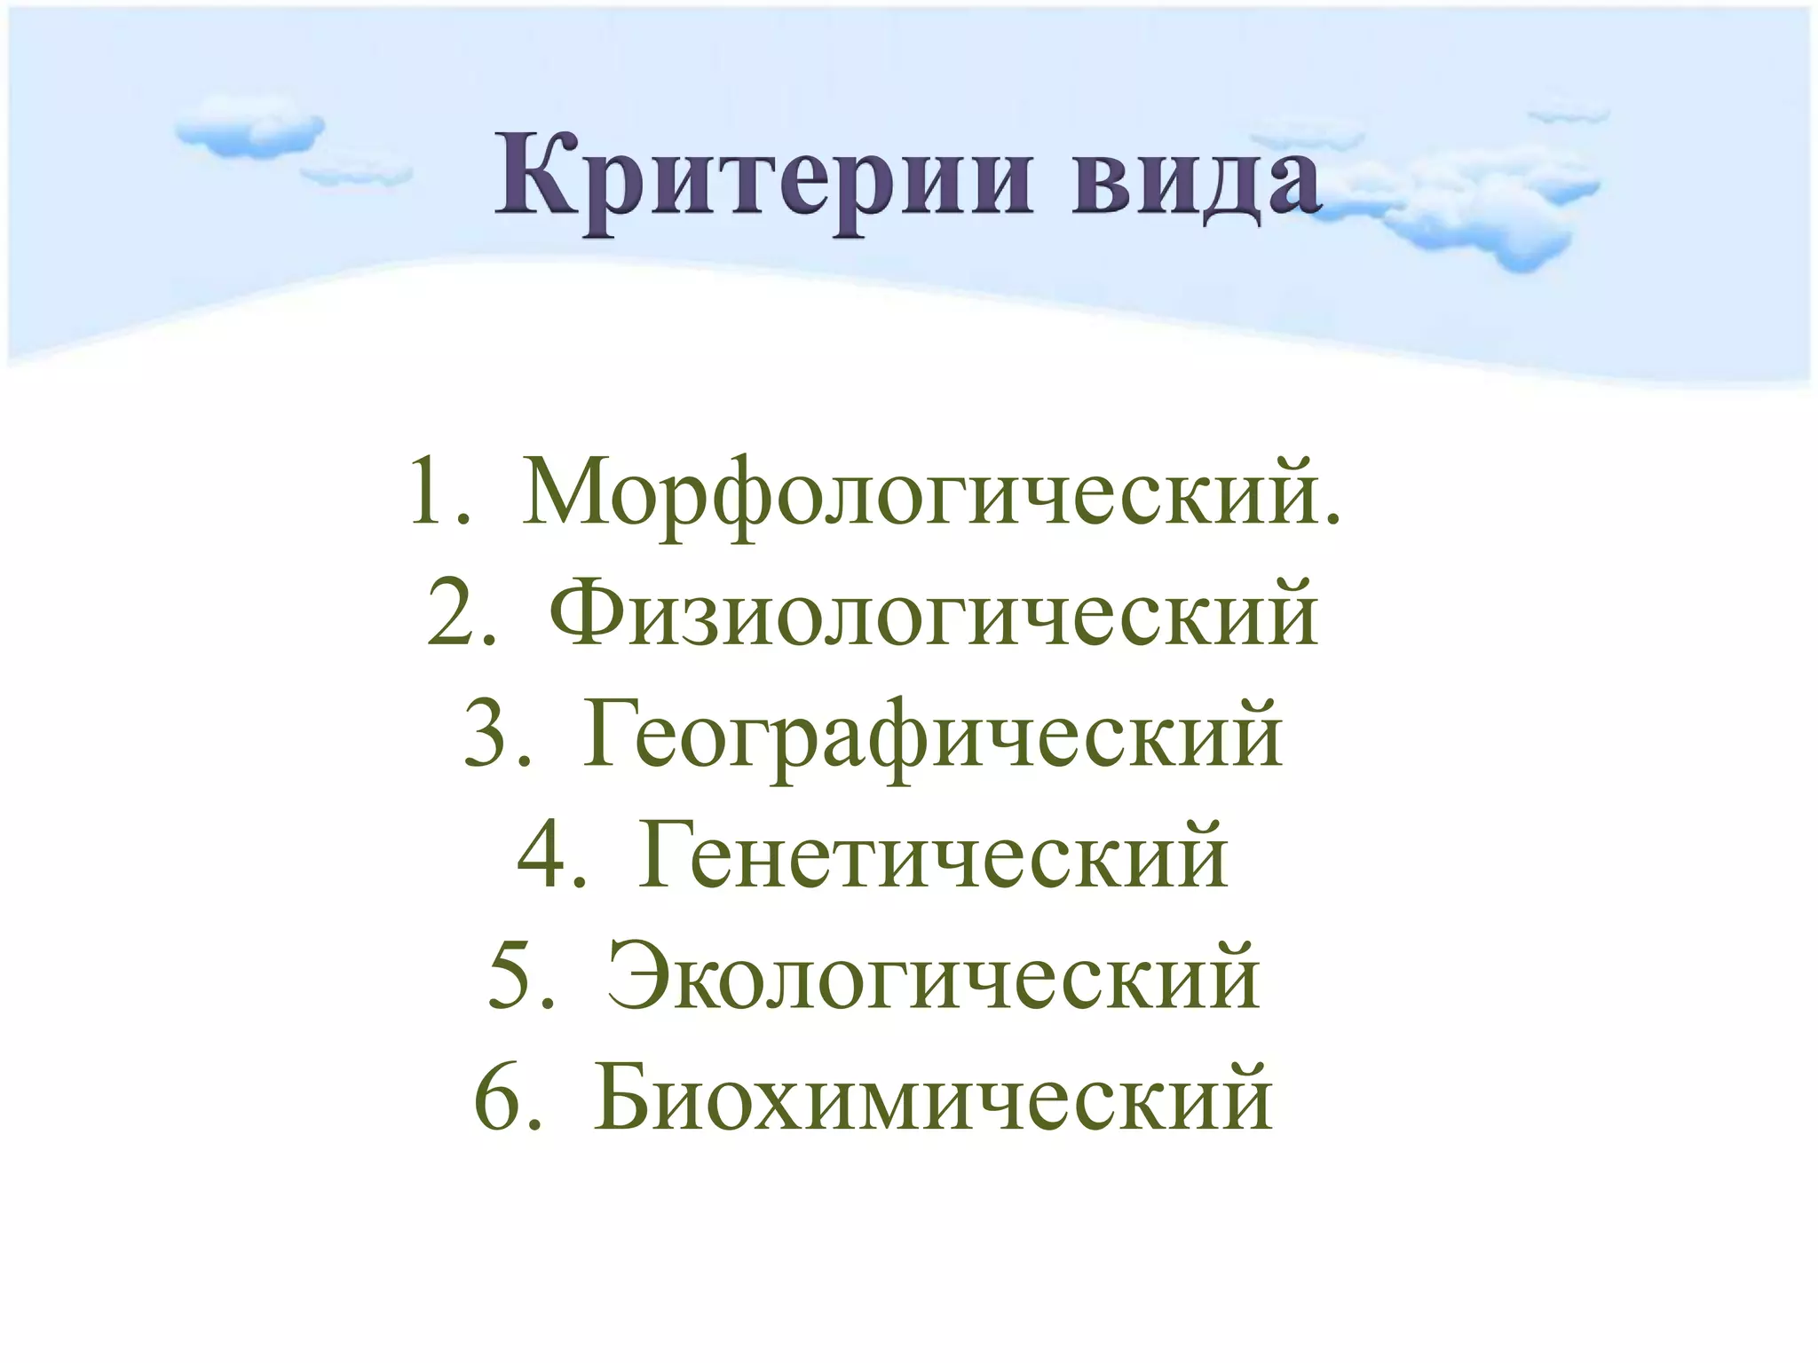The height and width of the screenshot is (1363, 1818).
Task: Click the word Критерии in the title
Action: [x=763, y=177]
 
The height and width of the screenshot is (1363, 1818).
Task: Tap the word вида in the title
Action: [x=1193, y=177]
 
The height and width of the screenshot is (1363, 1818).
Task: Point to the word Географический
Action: [x=933, y=735]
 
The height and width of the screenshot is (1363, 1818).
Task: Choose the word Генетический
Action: [x=933, y=855]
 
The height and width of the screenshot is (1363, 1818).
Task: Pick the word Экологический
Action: [x=933, y=976]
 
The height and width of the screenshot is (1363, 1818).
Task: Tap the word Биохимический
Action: [x=933, y=1099]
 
